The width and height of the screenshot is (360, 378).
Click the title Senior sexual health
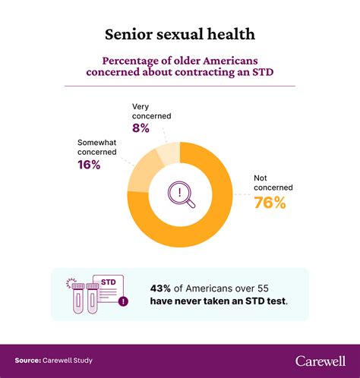180,35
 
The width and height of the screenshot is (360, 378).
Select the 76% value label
270,202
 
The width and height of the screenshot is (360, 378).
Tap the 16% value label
90,164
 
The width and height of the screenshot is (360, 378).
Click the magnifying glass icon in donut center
181,194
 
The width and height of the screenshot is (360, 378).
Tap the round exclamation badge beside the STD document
124,301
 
